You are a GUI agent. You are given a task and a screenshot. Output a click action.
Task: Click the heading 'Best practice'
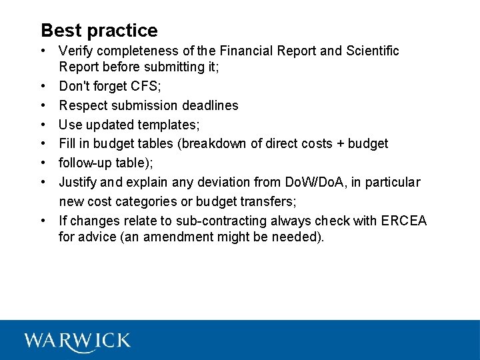click(99, 31)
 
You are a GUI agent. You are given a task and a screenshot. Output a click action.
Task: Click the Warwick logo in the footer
click(77, 341)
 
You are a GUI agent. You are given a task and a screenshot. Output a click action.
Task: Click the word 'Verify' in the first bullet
click(77, 51)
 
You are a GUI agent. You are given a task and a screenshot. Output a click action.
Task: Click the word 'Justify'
click(78, 182)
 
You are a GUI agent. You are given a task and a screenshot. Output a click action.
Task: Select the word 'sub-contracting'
click(229, 221)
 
